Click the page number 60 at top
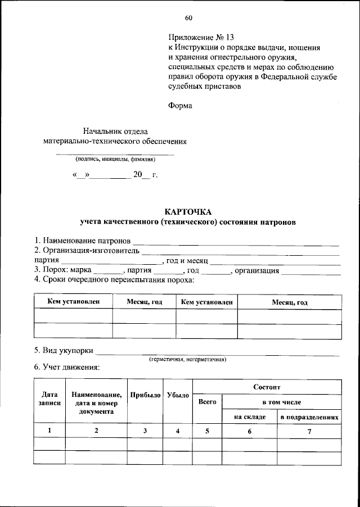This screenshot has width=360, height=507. (x=188, y=22)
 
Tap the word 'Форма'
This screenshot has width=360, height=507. (x=180, y=105)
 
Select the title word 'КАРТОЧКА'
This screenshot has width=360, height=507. (x=187, y=212)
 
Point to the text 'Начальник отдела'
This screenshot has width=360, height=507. (x=115, y=131)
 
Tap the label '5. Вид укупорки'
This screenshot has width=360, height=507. (x=63, y=350)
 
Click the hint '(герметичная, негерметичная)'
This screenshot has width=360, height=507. (x=187, y=359)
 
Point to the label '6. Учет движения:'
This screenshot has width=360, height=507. (x=66, y=368)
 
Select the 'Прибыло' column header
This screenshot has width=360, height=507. (x=145, y=395)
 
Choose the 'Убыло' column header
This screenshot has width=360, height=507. (x=178, y=395)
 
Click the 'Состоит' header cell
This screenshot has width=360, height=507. (x=267, y=387)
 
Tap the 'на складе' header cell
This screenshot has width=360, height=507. (x=250, y=418)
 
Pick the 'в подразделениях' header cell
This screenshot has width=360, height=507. (x=309, y=418)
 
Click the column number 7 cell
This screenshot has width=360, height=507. (x=309, y=431)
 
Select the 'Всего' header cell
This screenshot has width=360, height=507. (x=208, y=402)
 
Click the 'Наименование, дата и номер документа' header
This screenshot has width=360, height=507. (x=96, y=403)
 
